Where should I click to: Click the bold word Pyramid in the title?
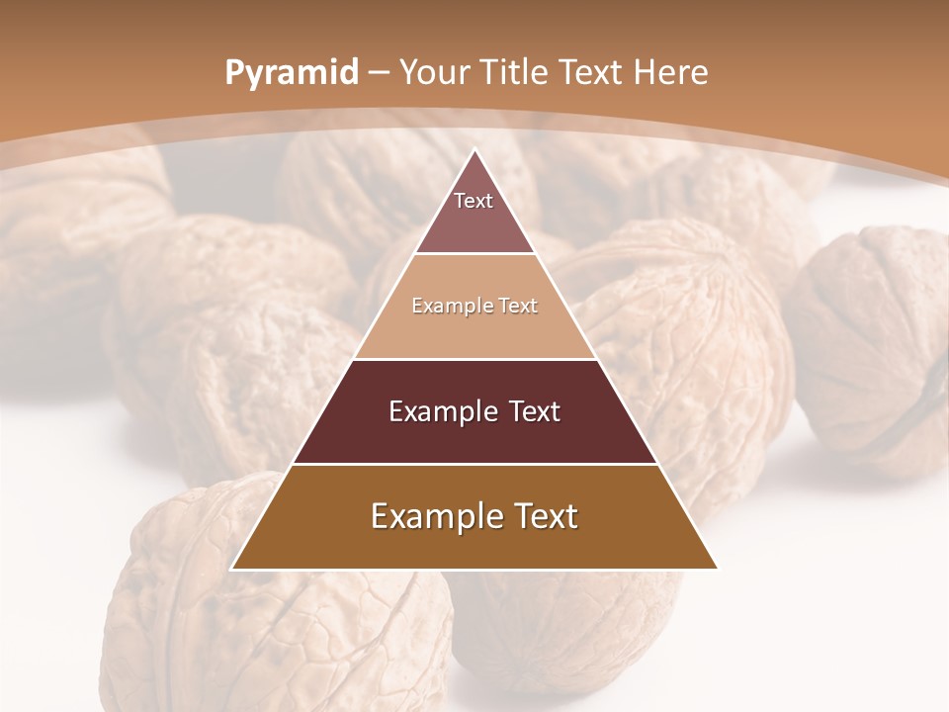tap(291, 73)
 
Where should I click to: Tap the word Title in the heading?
tap(515, 72)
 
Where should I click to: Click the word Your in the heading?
tap(434, 72)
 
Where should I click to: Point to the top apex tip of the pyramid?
tap(475, 151)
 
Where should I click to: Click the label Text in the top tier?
tap(474, 201)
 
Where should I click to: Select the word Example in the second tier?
tap(451, 306)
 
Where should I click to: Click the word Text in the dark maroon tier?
tap(534, 411)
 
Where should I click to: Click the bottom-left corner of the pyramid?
tap(233, 569)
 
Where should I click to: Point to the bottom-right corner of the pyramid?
tap(716, 569)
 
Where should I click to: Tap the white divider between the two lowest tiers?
tap(475, 464)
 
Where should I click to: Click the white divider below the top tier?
tap(475, 254)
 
